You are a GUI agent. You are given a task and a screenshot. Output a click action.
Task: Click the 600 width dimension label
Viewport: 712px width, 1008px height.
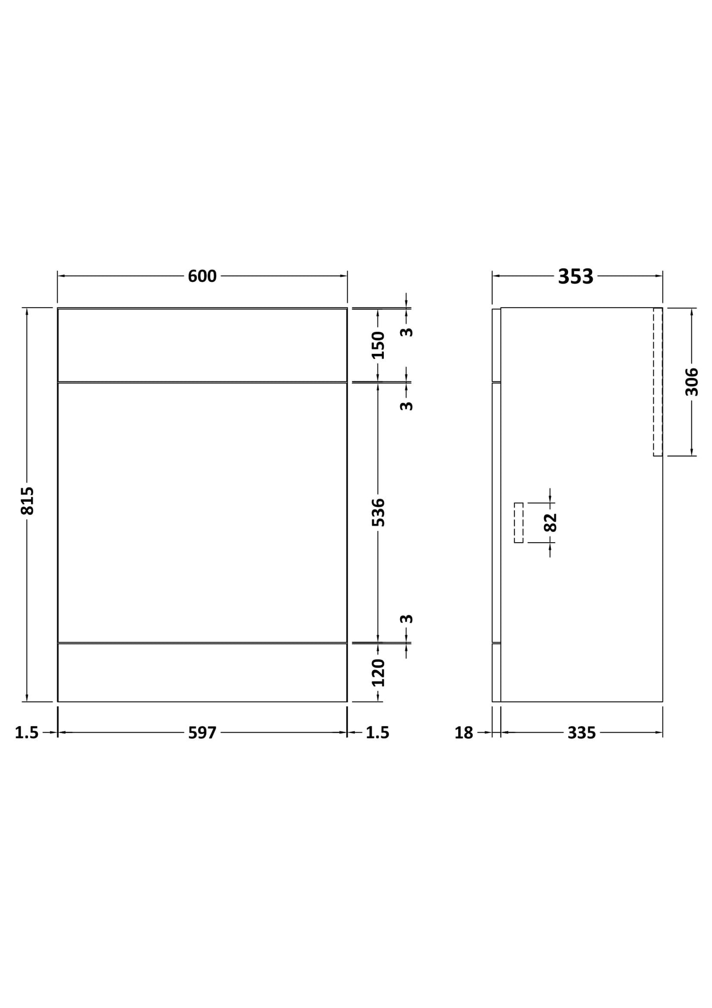coord(202,277)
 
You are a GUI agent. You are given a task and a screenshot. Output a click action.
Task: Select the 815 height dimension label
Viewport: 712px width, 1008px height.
coord(28,501)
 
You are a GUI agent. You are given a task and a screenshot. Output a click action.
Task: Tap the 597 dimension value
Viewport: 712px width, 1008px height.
coord(202,733)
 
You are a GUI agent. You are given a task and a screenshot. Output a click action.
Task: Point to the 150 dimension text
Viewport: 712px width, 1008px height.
coord(378,345)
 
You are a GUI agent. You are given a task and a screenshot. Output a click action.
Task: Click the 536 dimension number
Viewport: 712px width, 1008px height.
coord(378,512)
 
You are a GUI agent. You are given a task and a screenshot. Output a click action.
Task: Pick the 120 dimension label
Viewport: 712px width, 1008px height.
coord(378,672)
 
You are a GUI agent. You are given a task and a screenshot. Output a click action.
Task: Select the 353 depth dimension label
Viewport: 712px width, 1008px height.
coord(576,277)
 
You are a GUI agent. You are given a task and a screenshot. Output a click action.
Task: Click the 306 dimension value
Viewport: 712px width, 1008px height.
coord(692,382)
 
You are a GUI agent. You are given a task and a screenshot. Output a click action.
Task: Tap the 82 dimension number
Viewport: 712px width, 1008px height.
coord(550,522)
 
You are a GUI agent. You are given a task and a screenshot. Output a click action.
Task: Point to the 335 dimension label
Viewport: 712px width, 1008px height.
coord(581,733)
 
